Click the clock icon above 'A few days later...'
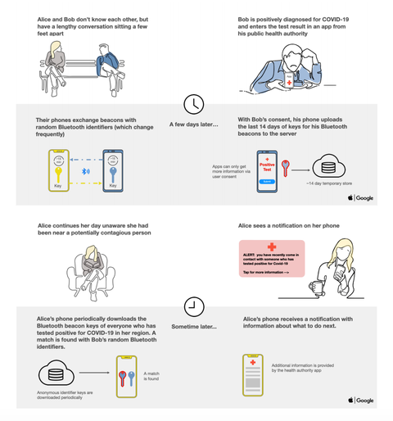(x=194, y=104)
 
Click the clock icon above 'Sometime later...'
(x=194, y=306)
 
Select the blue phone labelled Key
(x=112, y=170)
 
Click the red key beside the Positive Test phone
(x=286, y=169)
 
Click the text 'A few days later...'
(x=194, y=124)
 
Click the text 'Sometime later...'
(x=194, y=327)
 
